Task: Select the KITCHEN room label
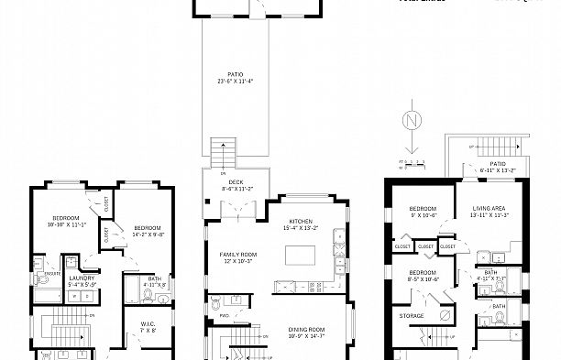click(x=302, y=221)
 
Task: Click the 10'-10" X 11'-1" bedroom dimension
click(x=66, y=223)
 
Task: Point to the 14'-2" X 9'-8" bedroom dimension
click(x=147, y=234)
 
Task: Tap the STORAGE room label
click(x=412, y=316)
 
